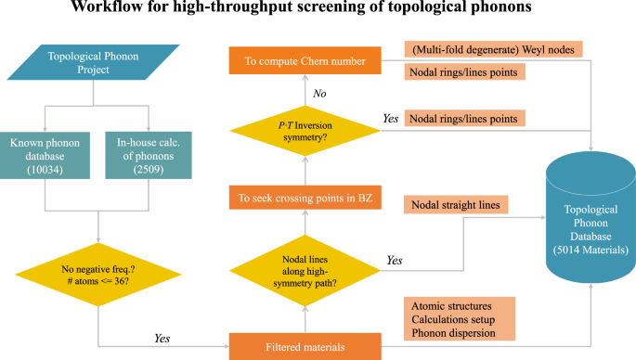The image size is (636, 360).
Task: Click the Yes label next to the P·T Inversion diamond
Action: pyautogui.click(x=391, y=119)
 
